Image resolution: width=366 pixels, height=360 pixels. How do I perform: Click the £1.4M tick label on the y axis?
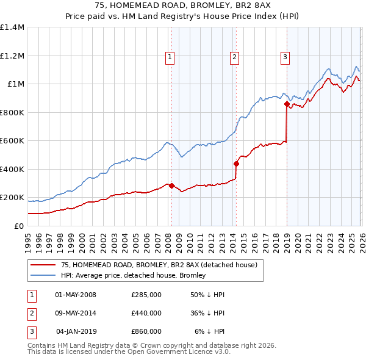(12, 27)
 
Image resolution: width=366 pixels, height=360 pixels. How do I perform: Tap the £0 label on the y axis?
(19, 226)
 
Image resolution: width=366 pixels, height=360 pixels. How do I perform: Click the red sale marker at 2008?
(171, 185)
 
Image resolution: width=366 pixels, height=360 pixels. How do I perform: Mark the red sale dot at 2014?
(236, 164)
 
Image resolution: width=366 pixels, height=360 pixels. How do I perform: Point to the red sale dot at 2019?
(287, 104)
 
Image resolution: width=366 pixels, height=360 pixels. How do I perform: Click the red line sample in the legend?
(43, 265)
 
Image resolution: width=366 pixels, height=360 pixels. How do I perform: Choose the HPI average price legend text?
(134, 275)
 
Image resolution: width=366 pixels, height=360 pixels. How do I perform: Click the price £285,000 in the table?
(146, 295)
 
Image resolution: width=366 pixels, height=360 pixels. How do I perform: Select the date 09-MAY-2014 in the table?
(76, 313)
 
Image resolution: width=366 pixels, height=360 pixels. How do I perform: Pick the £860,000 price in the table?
(146, 331)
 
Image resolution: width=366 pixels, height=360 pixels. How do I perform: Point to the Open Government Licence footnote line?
(129, 352)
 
